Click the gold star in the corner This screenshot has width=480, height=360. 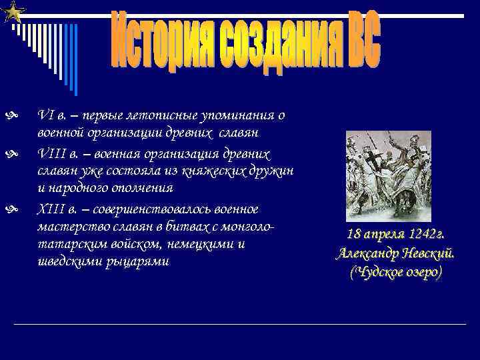[14, 11]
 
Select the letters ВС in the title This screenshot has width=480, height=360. [357, 41]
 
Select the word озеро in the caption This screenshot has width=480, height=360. [419, 273]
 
